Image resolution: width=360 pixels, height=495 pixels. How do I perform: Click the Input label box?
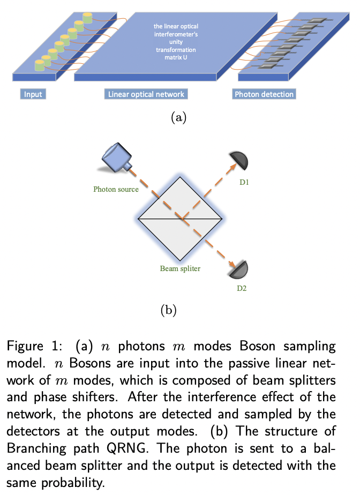coord(33,94)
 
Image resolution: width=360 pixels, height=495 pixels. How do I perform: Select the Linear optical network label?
coord(146,94)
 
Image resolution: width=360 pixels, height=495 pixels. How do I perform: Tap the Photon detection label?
coord(264,94)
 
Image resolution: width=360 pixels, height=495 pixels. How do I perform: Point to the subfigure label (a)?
coord(178,117)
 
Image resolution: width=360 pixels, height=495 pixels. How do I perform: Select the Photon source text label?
coord(116,189)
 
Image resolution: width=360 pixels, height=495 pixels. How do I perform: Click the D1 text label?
coord(244,183)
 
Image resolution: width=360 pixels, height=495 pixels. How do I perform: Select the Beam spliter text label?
coord(180,268)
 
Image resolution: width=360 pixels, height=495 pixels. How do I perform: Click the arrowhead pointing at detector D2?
coord(232,264)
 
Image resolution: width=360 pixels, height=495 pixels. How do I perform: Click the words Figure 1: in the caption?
coord(29,347)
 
